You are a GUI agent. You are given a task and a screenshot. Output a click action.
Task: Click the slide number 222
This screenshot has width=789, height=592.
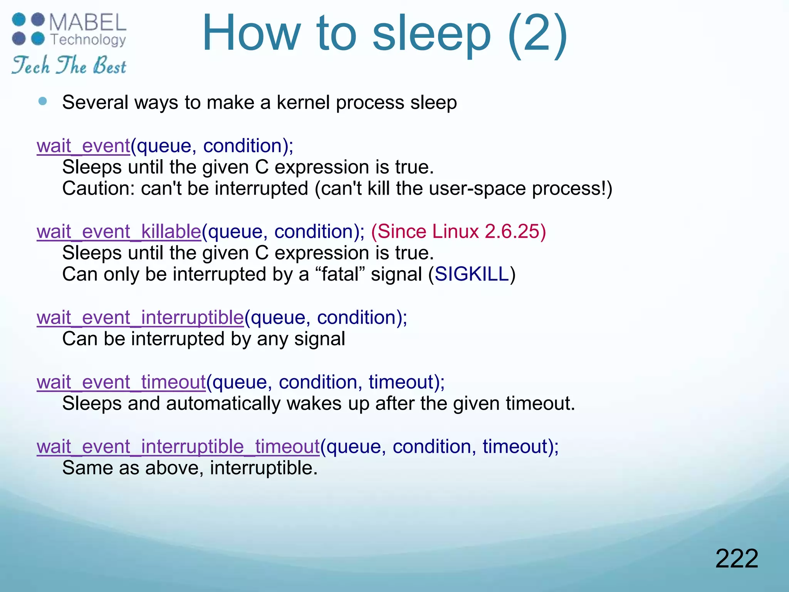point(736,558)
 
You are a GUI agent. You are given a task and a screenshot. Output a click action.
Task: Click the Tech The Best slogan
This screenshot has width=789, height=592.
point(69,65)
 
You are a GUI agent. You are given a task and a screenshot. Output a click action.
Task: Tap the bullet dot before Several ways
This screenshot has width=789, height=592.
point(43,101)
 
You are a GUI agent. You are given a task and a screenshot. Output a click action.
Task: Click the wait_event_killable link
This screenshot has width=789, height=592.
point(119,232)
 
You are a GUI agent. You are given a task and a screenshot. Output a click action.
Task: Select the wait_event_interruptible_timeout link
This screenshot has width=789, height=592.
point(178,447)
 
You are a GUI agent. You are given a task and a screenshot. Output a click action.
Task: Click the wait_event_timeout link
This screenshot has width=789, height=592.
point(121,382)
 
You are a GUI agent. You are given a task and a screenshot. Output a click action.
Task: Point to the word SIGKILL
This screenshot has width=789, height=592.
point(472,274)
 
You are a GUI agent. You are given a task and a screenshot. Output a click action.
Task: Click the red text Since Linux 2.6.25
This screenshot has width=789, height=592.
point(458,232)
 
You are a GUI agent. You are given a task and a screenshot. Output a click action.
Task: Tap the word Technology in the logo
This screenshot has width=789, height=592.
point(88,40)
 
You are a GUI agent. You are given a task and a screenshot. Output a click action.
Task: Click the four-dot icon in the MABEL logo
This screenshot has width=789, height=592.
point(29,29)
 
